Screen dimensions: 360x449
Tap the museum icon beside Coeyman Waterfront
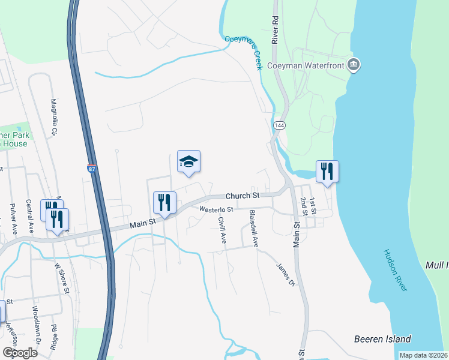pos(354,65)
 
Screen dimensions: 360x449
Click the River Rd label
pos(276,29)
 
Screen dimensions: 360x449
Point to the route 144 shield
pos(279,125)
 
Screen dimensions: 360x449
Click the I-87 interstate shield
pos(91,169)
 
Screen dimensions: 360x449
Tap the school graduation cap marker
pos(188,161)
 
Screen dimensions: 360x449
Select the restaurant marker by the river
pos(327,172)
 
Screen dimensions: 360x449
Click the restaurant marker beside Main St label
pos(164,203)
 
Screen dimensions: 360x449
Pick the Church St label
pos(242,196)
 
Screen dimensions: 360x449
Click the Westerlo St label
pos(215,209)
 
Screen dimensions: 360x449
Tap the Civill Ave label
pos(222,229)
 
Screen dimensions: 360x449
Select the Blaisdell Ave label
pos(254,229)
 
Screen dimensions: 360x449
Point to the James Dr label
pos(286,274)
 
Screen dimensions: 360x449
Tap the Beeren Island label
pos(382,338)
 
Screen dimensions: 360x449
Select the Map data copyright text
pos(423,355)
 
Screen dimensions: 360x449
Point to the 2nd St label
pos(304,206)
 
